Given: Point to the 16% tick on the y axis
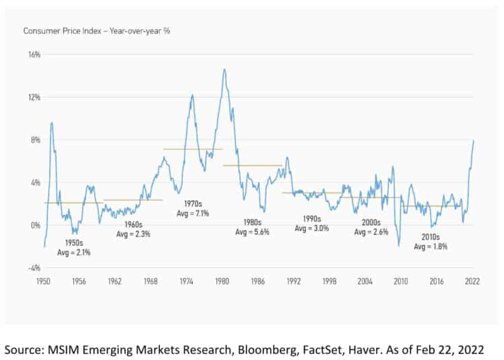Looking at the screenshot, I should pos(33,54).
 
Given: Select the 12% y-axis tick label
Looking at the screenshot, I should pos(33,97).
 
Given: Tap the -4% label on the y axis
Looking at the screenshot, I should pos(33,268).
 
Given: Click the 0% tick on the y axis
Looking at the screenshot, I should pos(35,225).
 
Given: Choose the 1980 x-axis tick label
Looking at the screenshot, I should pos(223,281).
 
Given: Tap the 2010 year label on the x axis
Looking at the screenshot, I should pos(401,281).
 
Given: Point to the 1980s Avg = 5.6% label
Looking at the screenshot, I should pos(253,226).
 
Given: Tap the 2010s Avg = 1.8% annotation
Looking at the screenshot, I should pos(431,242).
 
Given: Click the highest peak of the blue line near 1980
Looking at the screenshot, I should pos(224,69).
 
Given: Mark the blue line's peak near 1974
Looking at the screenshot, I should pos(193,95).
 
